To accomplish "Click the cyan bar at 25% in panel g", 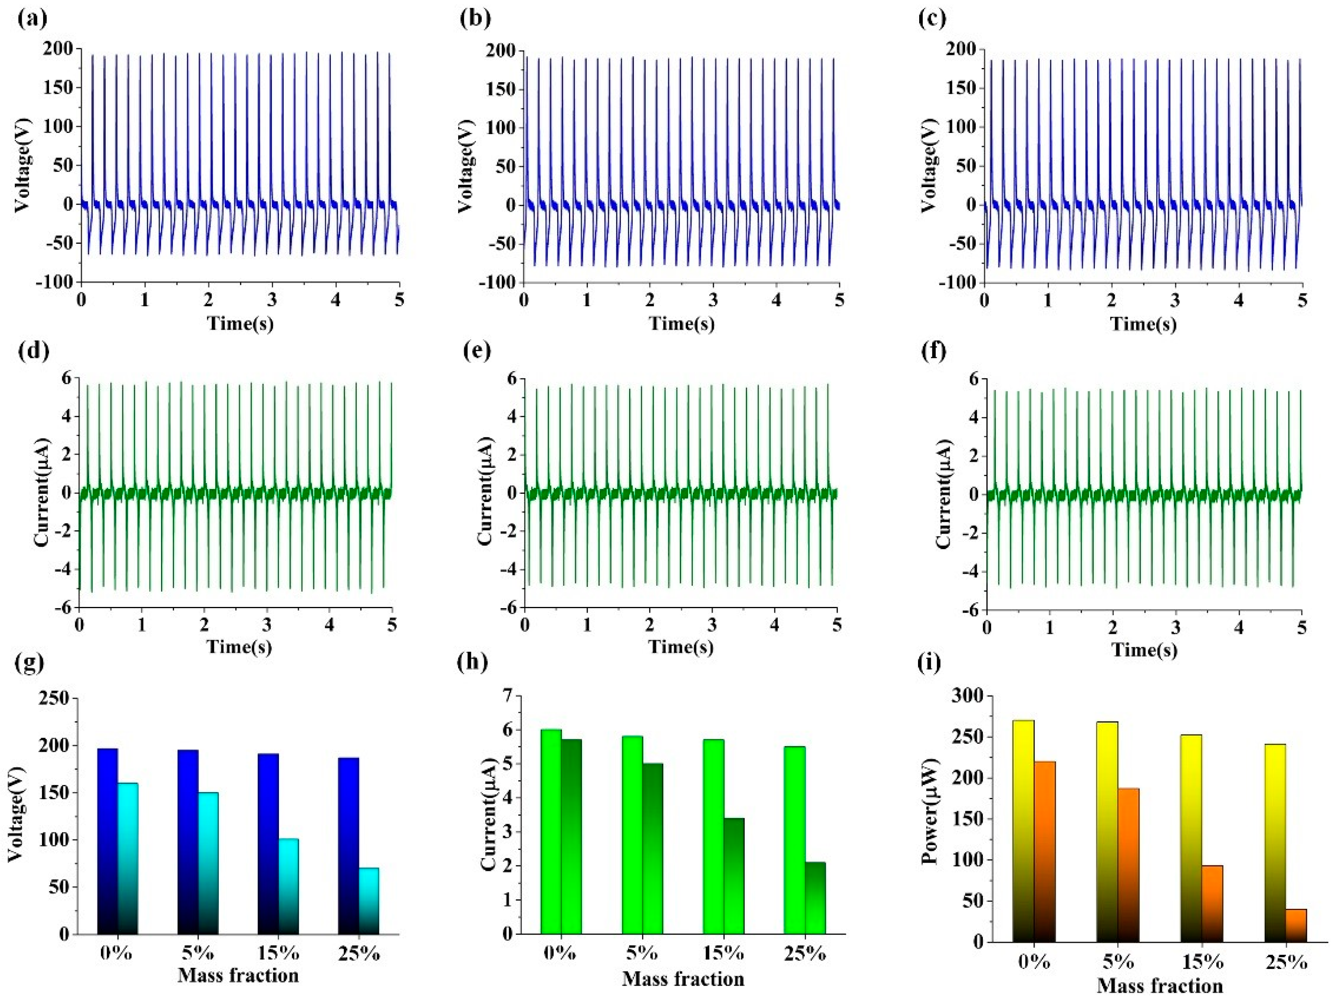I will tap(369, 901).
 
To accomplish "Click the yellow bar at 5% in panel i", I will tap(1107, 832).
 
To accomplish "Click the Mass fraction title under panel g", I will tap(238, 975).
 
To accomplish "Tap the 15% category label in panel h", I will tap(723, 954).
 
